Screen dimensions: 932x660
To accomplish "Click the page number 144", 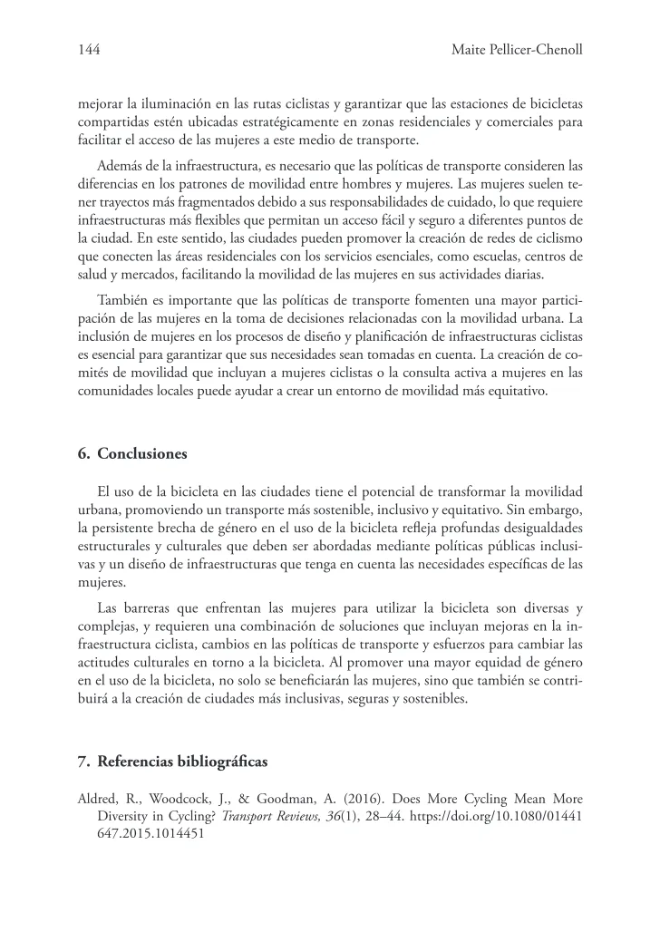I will click(x=89, y=52).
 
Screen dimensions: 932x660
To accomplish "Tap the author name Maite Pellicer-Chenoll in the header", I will click(x=516, y=52).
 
